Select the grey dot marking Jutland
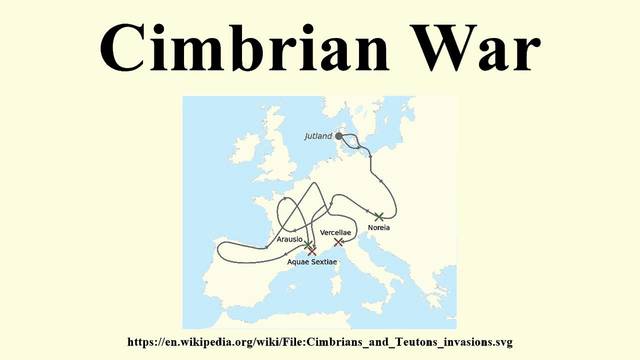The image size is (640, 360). (339, 135)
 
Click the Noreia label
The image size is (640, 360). (379, 228)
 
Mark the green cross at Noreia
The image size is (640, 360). (378, 216)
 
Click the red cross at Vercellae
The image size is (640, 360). (339, 242)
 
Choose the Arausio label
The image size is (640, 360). (290, 239)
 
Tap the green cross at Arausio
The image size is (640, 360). (307, 244)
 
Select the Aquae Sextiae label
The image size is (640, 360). (312, 262)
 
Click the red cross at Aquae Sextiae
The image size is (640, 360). (312, 250)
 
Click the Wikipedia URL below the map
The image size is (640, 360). (320, 342)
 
